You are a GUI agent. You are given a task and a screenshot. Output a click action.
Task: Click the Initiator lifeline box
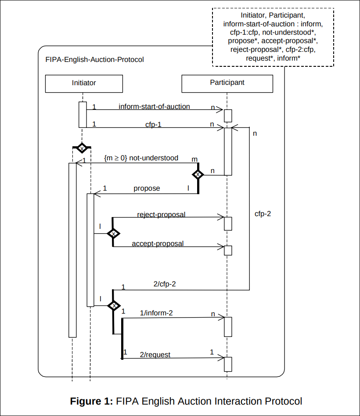83,83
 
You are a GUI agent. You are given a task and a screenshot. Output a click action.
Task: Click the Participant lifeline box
227,83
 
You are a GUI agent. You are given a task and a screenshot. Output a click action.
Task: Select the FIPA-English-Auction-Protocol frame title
94,59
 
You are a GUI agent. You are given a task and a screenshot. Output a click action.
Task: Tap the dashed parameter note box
273,37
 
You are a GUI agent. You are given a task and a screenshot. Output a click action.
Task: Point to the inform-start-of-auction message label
154,106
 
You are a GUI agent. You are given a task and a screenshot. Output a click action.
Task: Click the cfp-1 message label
153,124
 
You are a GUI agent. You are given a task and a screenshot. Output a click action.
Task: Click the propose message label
147,188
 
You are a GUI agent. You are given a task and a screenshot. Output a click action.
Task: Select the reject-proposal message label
161,215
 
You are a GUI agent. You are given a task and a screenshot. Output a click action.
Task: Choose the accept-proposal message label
158,243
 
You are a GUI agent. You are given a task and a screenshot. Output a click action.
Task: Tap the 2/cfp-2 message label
165,284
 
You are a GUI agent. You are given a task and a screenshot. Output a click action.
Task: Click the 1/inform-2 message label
156,313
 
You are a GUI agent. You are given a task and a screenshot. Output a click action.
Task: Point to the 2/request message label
155,355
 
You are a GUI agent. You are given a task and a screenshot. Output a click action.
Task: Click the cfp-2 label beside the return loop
263,214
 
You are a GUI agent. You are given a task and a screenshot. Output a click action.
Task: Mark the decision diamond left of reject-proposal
113,233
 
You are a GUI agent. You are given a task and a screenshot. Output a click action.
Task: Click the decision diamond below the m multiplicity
198,174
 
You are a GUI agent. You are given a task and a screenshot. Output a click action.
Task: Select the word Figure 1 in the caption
91,401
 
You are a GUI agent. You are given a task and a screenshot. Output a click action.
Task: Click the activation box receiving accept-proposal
227,250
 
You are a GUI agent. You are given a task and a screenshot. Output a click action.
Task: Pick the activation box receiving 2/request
227,364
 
